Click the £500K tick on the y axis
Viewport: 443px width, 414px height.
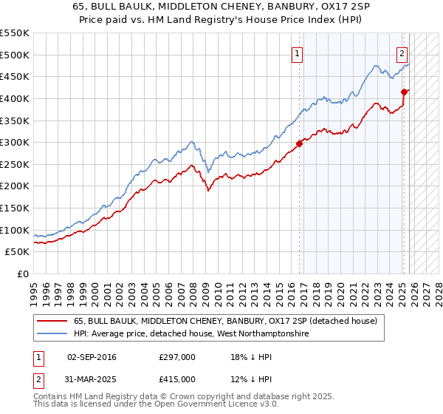(15, 55)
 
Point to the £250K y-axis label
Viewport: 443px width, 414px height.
(15, 164)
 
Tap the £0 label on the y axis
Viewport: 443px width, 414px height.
(23, 274)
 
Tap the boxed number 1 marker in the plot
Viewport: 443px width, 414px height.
(297, 53)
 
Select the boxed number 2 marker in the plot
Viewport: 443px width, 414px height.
(402, 53)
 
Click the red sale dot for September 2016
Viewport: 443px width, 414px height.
(300, 143)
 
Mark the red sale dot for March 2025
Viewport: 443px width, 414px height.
(405, 92)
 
